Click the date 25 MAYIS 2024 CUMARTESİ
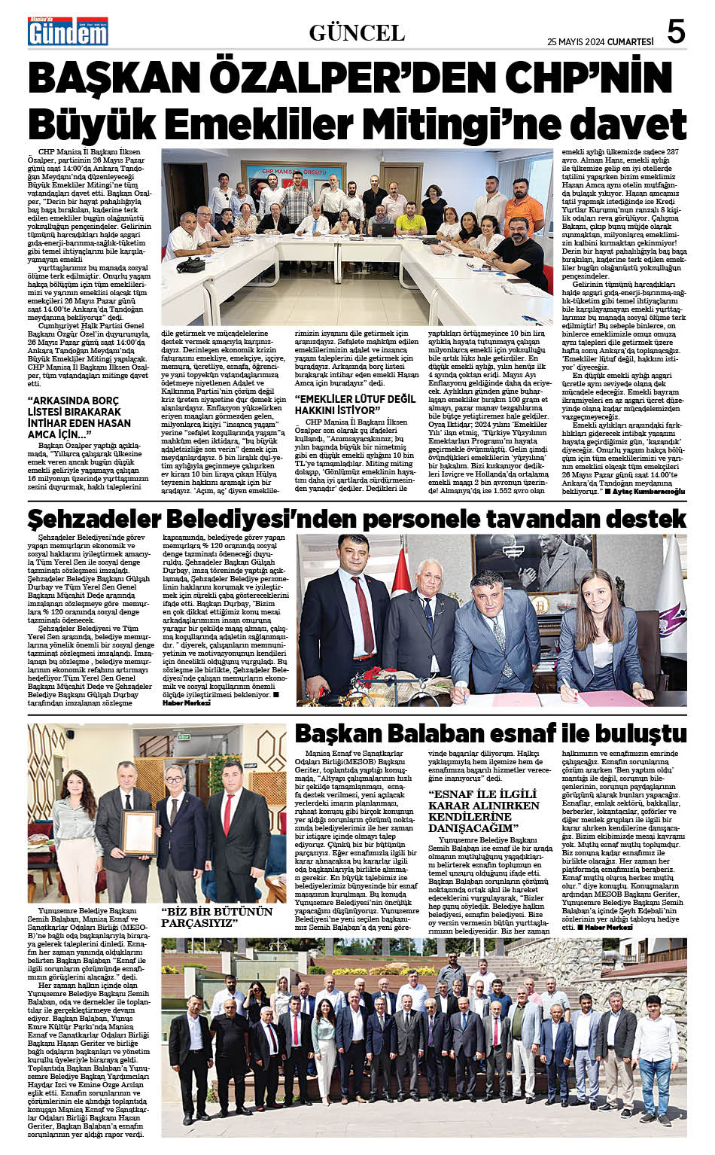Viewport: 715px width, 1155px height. [600, 41]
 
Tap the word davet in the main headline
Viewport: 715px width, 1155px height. [628, 123]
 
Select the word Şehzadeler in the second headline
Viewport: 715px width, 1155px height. [95, 518]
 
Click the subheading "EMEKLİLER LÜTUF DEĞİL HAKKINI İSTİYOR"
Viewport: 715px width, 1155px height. [355, 404]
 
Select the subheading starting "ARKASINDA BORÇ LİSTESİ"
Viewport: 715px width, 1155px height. [79, 417]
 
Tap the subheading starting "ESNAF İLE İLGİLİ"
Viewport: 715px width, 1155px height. [484, 811]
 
